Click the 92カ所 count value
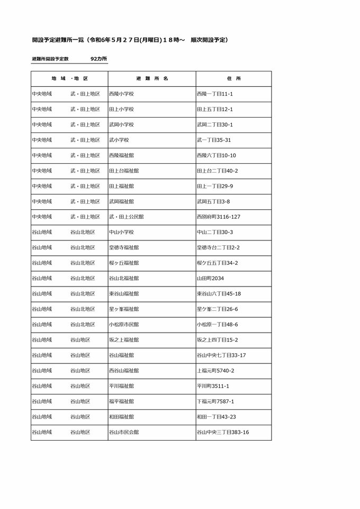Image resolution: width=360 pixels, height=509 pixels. tap(98, 59)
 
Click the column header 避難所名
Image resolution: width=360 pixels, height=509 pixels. tap(152, 78)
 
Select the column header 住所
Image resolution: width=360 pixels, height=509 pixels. tap(233, 78)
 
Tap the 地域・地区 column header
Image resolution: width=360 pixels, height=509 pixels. tap(69, 78)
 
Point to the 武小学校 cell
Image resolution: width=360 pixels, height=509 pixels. tap(119, 140)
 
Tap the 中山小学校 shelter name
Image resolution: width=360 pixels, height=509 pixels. tap(121, 232)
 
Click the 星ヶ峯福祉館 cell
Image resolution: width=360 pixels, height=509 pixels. tap(124, 309)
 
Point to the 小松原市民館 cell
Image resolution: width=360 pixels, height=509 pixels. tap(124, 324)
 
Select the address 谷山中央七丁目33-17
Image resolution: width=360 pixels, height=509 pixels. tap(221, 355)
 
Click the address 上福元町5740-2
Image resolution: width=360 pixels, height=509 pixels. tap(215, 370)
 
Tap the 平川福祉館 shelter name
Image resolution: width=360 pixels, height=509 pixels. tap(121, 386)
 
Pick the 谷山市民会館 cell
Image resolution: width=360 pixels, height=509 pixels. tap(124, 432)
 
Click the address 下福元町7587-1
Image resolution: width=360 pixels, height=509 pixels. tap(215, 401)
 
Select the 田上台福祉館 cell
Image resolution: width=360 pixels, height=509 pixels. tap(124, 171)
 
